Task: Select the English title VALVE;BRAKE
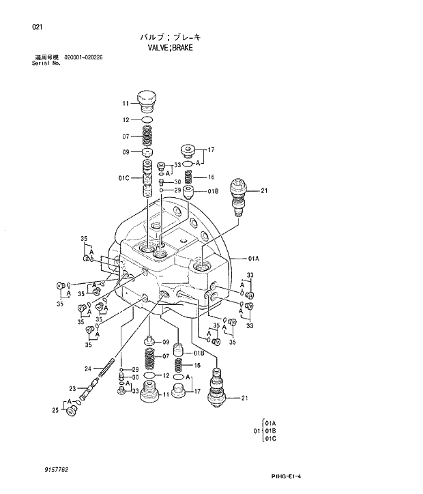(170, 48)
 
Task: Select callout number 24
(87, 369)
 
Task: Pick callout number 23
(72, 389)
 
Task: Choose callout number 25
(55, 409)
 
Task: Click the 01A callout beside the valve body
(253, 259)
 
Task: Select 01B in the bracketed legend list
(270, 431)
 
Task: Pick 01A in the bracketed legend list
(270, 423)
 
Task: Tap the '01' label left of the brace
(257, 431)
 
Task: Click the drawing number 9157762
(55, 470)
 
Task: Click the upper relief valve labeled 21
(239, 192)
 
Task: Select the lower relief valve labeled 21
(218, 389)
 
